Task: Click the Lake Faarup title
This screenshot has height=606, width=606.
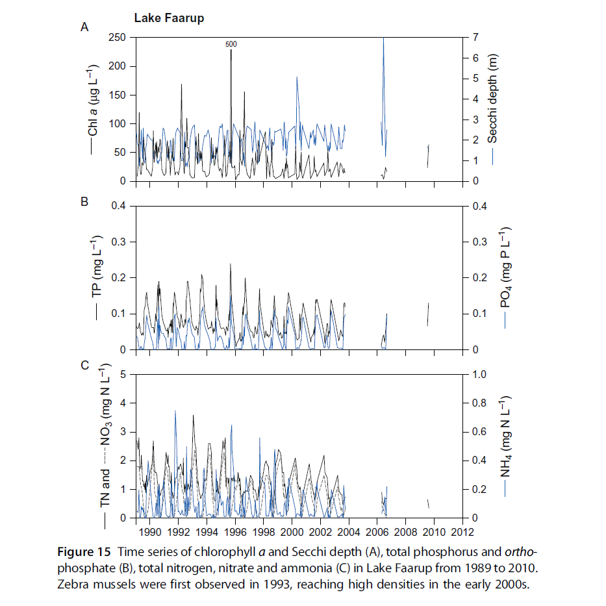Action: [169, 18]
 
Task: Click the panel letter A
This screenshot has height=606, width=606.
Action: [84, 27]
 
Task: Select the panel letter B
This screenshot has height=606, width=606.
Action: [84, 202]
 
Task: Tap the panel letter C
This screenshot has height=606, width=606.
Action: [84, 365]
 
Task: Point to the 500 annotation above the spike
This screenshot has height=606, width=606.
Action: [231, 44]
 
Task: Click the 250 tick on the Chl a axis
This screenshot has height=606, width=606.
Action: [117, 38]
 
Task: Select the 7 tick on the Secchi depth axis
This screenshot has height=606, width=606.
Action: [475, 38]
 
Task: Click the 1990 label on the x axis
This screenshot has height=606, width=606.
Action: [149, 531]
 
